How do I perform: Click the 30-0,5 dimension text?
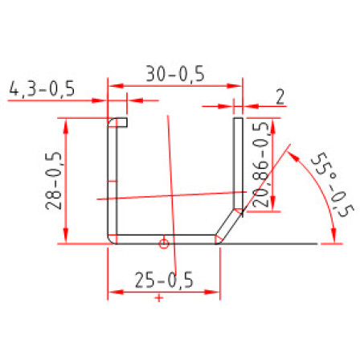click(x=175, y=74)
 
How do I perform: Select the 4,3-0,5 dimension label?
click(x=42, y=88)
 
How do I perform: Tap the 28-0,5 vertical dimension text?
click(x=54, y=181)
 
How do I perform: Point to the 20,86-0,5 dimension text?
click(x=260, y=165)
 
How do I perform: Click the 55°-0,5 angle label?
click(x=333, y=185)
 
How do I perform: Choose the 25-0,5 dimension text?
click(x=164, y=280)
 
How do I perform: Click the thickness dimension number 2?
click(x=280, y=97)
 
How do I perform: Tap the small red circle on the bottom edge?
click(x=164, y=243)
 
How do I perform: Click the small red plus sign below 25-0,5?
click(x=159, y=298)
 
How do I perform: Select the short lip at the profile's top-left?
click(x=118, y=122)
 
